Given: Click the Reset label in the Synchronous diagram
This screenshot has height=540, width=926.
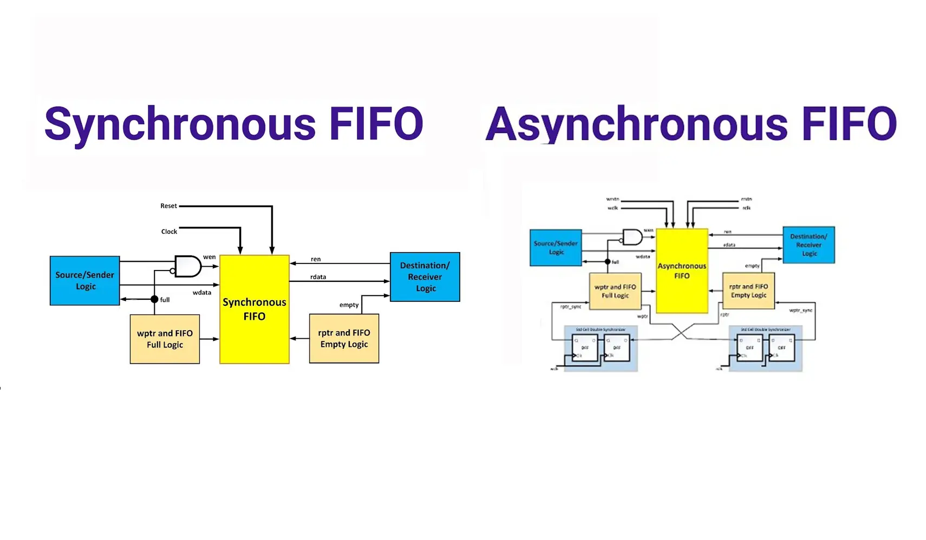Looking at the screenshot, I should pyautogui.click(x=168, y=206).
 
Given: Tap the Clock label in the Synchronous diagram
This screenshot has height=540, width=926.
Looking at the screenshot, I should pyautogui.click(x=169, y=232).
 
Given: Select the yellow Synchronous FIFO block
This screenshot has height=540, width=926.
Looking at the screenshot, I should pyautogui.click(x=255, y=309).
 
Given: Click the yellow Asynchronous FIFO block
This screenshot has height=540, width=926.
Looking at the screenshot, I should pyautogui.click(x=682, y=271).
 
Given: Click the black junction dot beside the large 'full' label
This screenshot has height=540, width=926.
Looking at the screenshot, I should pyautogui.click(x=154, y=299).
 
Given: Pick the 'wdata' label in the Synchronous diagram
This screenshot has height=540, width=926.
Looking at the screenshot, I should pyautogui.click(x=202, y=293).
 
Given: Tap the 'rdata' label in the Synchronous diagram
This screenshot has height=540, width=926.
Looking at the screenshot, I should pyautogui.click(x=318, y=277).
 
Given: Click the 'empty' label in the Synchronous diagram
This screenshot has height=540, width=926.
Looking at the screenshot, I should pyautogui.click(x=349, y=305).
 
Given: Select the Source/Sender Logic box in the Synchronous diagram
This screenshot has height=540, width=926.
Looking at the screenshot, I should pyautogui.click(x=84, y=280).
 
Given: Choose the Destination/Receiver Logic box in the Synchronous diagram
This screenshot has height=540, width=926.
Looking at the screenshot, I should pyautogui.click(x=425, y=276).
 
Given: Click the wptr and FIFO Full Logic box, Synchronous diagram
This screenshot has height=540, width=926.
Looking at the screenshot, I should pyautogui.click(x=165, y=339).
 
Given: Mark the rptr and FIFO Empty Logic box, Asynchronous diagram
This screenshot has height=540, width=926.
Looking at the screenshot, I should pyautogui.click(x=748, y=291).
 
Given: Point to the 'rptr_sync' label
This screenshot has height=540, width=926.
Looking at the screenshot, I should pyautogui.click(x=571, y=307).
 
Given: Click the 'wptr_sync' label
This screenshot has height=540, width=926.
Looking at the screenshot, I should pyautogui.click(x=800, y=311).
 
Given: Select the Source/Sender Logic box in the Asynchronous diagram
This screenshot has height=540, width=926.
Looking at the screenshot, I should pyautogui.click(x=556, y=247).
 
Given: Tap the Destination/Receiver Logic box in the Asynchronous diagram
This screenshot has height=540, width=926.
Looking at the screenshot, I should pyautogui.click(x=809, y=245).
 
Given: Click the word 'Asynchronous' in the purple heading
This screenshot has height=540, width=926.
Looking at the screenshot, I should pyautogui.click(x=636, y=124).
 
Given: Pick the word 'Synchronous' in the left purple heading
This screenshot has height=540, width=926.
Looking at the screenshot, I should pyautogui.click(x=180, y=124).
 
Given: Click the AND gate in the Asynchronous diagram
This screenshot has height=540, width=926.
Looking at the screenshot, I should pyautogui.click(x=632, y=237).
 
